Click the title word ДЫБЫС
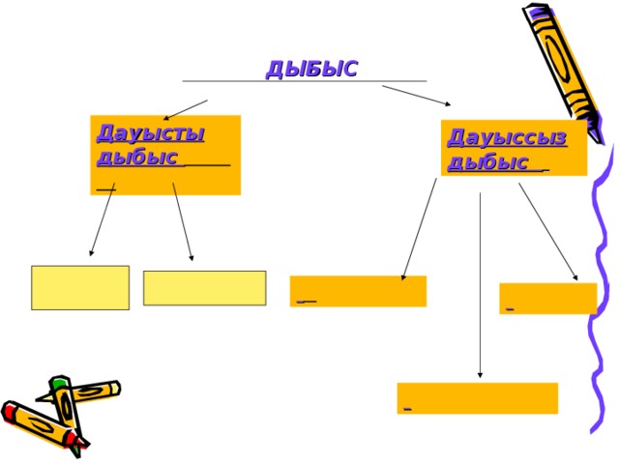(x=311, y=69)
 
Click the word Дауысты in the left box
(x=151, y=133)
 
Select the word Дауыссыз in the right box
(x=507, y=137)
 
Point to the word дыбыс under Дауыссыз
(x=487, y=162)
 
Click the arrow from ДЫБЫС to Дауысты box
(x=186, y=109)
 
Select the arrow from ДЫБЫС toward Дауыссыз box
(x=417, y=96)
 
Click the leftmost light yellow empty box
(x=80, y=288)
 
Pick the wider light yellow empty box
(x=204, y=288)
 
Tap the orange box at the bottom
(x=478, y=398)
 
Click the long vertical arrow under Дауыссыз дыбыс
(x=480, y=285)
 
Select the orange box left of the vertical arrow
(x=358, y=291)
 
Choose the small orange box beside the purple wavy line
(x=548, y=299)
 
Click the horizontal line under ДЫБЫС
(x=305, y=81)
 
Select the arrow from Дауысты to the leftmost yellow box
(x=103, y=219)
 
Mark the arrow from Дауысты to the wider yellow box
(x=183, y=221)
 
